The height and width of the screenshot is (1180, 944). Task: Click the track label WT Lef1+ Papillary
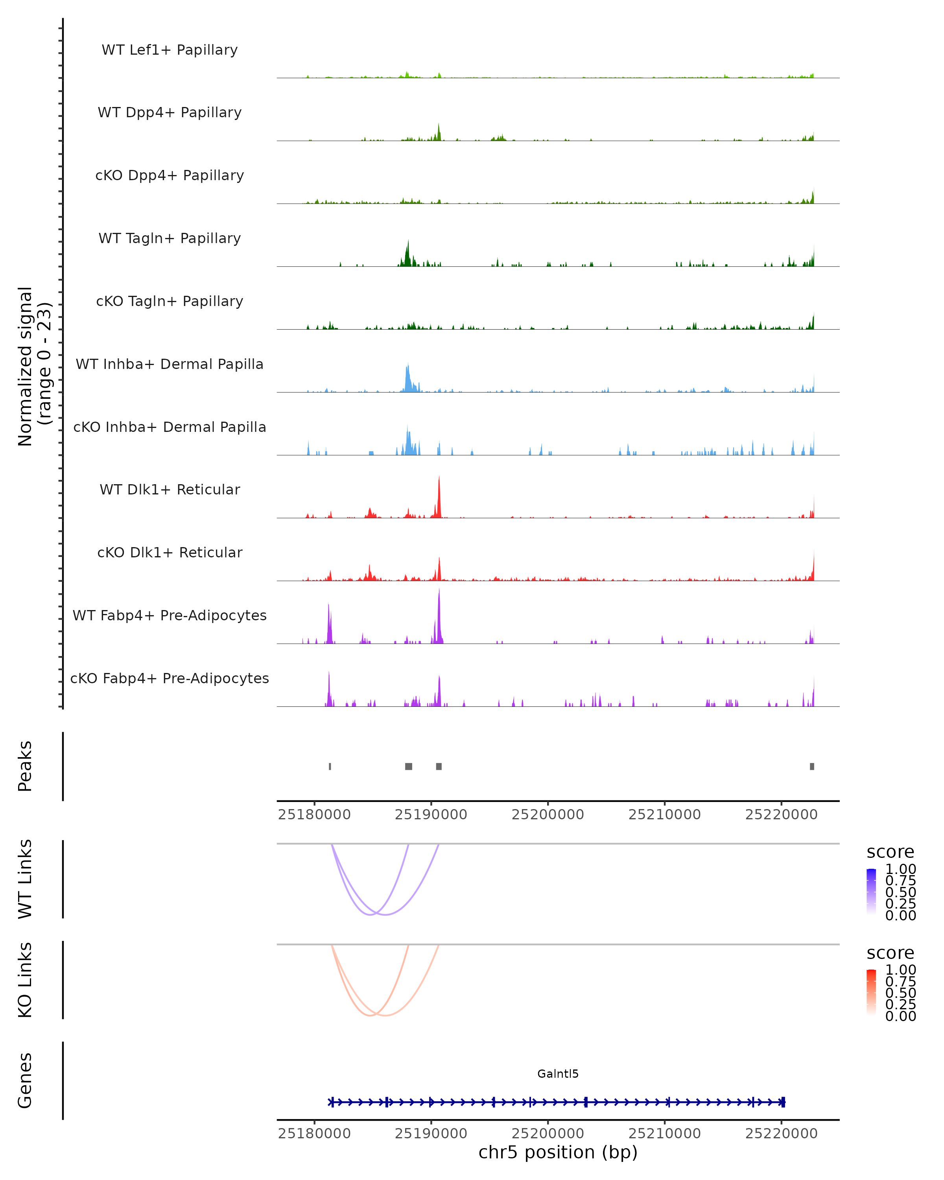pos(170,50)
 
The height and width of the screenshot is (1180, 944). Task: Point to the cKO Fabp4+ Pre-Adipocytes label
pos(170,678)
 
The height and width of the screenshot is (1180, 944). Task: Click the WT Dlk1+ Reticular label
pos(170,489)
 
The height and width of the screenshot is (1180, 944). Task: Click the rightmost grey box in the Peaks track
pos(812,766)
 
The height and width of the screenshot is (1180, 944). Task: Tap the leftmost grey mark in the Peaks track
pos(330,766)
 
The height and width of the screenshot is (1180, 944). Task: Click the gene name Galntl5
pos(558,1073)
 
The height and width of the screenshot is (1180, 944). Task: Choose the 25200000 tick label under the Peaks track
pos(548,815)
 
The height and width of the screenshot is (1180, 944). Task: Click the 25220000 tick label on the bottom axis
pos(782,1134)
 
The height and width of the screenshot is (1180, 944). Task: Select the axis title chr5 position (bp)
pos(558,1152)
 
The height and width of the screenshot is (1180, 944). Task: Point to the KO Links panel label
pos(25,980)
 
